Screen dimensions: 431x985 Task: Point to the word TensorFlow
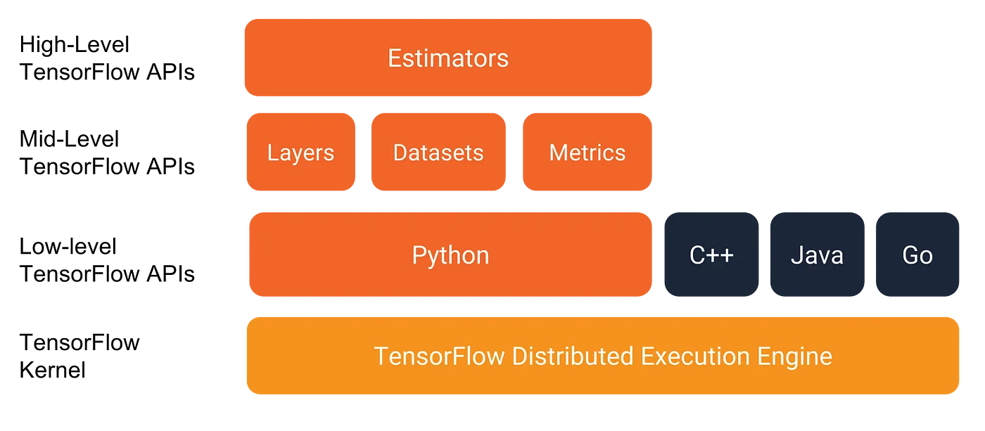[439, 356]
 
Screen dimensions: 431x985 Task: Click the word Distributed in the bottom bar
[573, 356]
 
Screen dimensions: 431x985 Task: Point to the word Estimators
[448, 58]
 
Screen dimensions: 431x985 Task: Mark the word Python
[450, 255]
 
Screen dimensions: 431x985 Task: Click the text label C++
[712, 255]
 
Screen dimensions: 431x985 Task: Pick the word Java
[817, 255]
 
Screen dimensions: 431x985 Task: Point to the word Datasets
[438, 153]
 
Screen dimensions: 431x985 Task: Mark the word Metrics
[587, 153]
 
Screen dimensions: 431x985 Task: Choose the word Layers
[300, 153]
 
